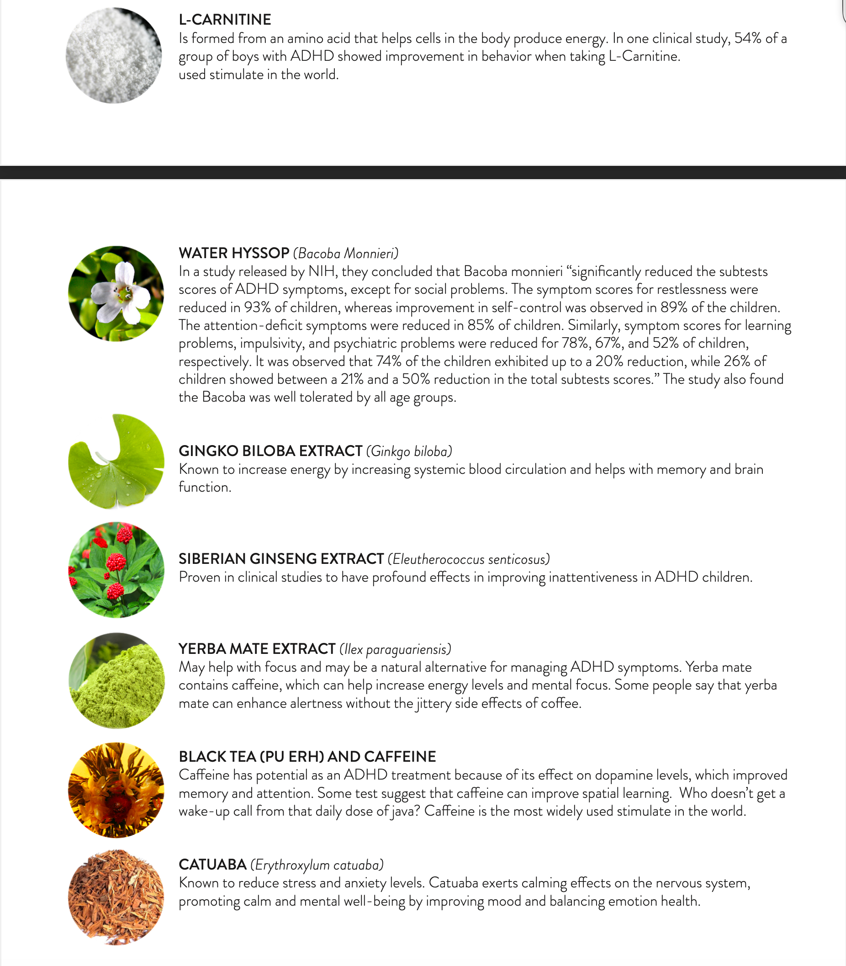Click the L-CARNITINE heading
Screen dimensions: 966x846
pyautogui.click(x=225, y=20)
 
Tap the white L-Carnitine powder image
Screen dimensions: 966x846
pyautogui.click(x=114, y=56)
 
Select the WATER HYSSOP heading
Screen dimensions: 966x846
pyautogui.click(x=234, y=253)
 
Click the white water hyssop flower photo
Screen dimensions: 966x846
pyautogui.click(x=116, y=293)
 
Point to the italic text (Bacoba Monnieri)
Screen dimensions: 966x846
pyautogui.click(x=346, y=254)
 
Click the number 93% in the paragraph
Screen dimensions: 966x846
pyautogui.click(x=257, y=308)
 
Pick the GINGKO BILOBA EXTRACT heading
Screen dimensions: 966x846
pyautogui.click(x=270, y=451)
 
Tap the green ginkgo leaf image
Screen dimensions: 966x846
pyautogui.click(x=116, y=461)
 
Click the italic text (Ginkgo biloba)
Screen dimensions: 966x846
pyautogui.click(x=409, y=451)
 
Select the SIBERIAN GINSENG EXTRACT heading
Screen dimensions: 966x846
pyautogui.click(x=281, y=559)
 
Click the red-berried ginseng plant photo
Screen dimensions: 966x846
pyautogui.click(x=116, y=569)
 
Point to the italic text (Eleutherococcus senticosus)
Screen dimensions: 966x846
pyautogui.click(x=469, y=559)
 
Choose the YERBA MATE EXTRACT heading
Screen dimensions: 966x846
pyautogui.click(x=257, y=649)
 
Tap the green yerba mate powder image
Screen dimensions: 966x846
pyautogui.click(x=116, y=680)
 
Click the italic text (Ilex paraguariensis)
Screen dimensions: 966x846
pyautogui.click(x=395, y=649)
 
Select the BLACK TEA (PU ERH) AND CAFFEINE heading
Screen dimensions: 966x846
pyautogui.click(x=307, y=757)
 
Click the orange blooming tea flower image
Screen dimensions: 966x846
pyautogui.click(x=116, y=790)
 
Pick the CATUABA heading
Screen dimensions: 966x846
pyautogui.click(x=212, y=865)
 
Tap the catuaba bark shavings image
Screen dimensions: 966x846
pyautogui.click(x=116, y=897)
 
